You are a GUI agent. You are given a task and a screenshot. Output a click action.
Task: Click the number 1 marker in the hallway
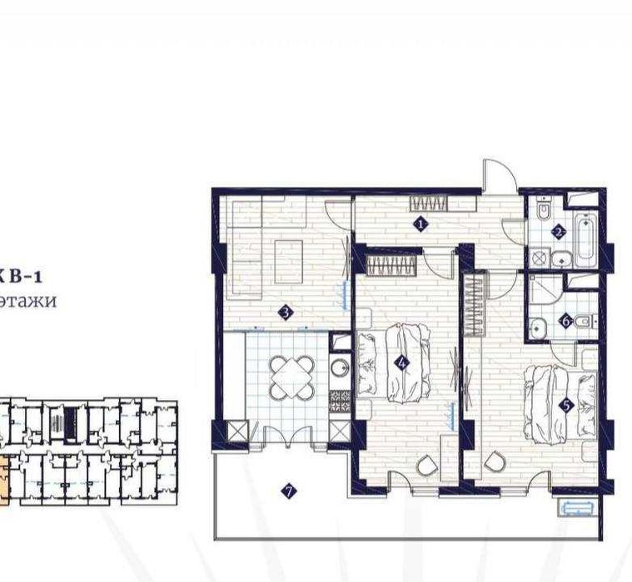(x=421, y=223)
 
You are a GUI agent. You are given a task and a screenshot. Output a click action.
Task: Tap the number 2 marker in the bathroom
(x=560, y=232)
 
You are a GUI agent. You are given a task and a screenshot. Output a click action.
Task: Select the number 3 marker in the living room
(x=285, y=313)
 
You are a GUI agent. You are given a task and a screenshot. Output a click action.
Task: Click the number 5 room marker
(x=566, y=406)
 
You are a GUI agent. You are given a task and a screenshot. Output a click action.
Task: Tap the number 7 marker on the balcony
(x=289, y=491)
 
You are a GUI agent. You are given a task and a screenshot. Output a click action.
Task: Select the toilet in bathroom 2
(x=543, y=212)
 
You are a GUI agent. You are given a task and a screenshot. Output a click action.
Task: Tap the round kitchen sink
(x=340, y=367)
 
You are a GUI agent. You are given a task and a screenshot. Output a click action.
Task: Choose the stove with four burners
(x=339, y=401)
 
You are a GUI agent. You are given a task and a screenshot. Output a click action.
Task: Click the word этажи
(x=28, y=301)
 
